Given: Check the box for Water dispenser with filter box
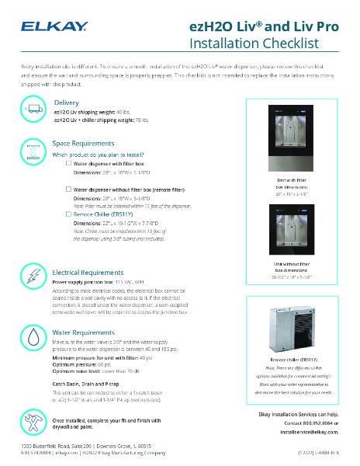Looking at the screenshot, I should pyautogui.click(x=68, y=164).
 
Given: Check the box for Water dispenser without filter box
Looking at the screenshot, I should pyautogui.click(x=68, y=189).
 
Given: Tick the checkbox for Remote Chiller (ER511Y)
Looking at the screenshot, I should pyautogui.click(x=68, y=213).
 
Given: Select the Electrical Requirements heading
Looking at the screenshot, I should pyautogui.click(x=87, y=273).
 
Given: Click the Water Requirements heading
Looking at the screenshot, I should pyautogui.click(x=81, y=332).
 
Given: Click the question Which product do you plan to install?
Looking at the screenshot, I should pyautogui.click(x=97, y=155).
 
